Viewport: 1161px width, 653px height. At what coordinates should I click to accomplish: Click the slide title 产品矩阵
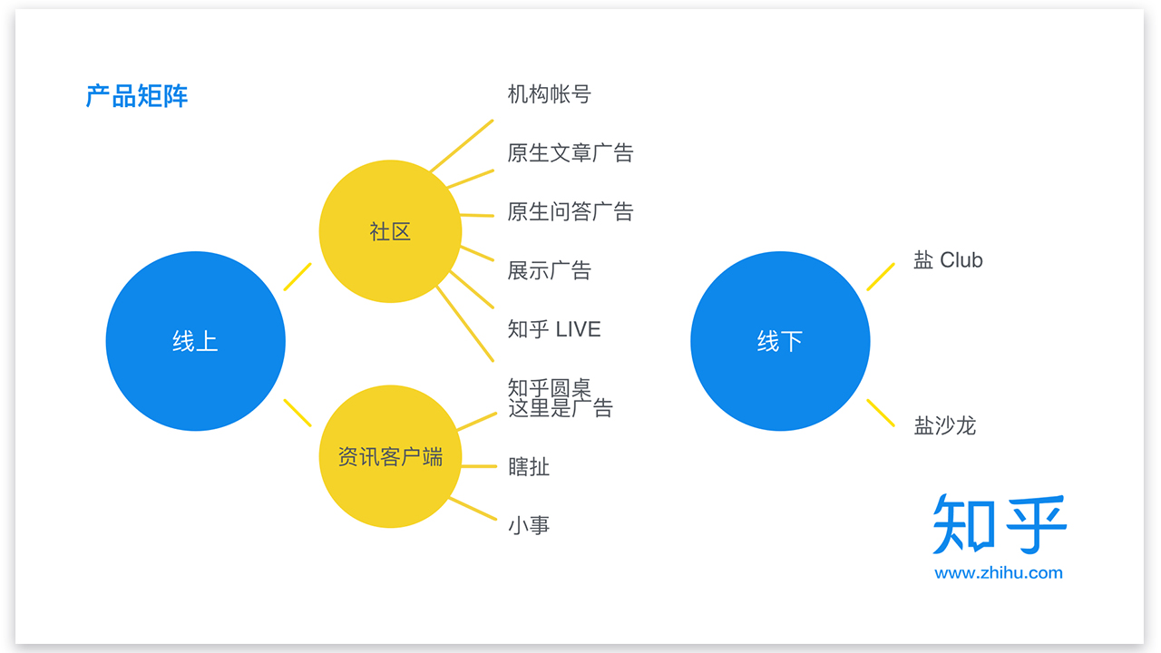coord(137,96)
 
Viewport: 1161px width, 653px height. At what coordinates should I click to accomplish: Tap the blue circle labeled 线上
coord(196,341)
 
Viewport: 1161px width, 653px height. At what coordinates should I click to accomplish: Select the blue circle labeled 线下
coord(780,341)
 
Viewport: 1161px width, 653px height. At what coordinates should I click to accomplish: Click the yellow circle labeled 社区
coord(390,231)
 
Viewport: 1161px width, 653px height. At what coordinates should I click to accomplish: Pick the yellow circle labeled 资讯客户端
coord(390,456)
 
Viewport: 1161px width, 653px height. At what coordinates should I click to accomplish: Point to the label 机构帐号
coord(549,94)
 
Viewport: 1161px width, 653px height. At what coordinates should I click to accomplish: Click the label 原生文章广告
coord(570,152)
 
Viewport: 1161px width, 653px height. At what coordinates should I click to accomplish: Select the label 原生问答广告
coord(570,211)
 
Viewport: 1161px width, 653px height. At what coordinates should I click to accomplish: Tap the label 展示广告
coord(549,270)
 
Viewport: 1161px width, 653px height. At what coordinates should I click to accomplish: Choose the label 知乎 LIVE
coord(554,329)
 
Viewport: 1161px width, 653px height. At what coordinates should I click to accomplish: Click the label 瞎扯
coord(529,467)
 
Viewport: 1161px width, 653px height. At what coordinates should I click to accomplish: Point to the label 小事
coord(529,525)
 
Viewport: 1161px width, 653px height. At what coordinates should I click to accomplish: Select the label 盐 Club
coord(948,260)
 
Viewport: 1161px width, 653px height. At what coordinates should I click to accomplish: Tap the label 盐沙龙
coord(944,425)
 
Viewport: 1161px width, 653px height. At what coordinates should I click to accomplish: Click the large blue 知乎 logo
coord(1000,524)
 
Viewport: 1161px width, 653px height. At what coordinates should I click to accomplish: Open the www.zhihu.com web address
coord(998,573)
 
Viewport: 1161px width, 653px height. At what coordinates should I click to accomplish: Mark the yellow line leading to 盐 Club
coord(881,277)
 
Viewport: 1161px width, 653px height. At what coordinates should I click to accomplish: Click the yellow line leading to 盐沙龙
coord(881,413)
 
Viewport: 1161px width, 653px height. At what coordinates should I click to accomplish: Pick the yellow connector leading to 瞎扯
coord(479,466)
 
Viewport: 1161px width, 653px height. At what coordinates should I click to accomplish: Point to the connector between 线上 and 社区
coord(298,277)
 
